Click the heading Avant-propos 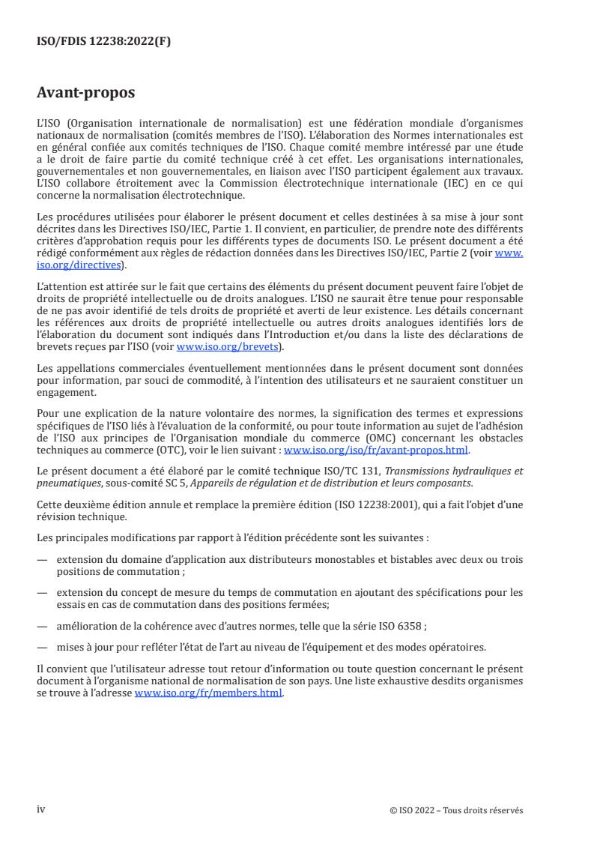86,93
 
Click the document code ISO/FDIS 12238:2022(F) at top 104,42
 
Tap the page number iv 41,810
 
